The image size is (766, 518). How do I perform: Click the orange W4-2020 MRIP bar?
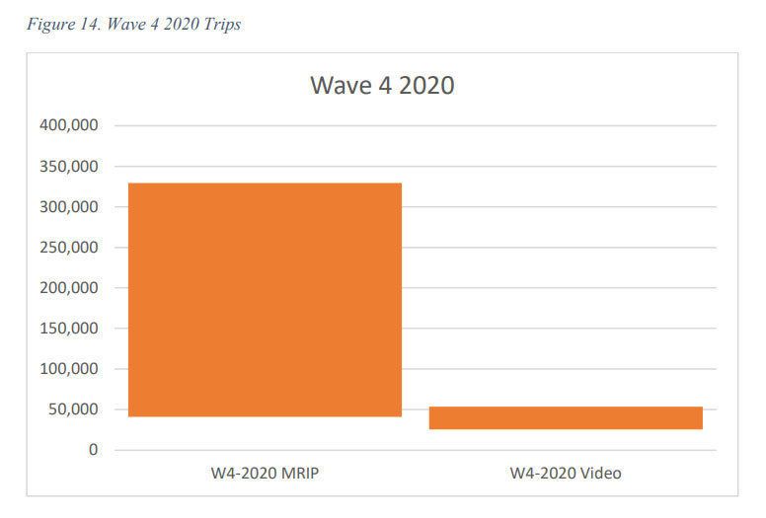coord(265,300)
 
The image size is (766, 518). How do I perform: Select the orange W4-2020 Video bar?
coord(566,417)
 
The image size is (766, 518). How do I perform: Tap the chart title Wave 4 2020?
coord(382,85)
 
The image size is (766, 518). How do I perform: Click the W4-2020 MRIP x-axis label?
coord(265,474)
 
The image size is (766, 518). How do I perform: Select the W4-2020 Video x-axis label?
coord(566,474)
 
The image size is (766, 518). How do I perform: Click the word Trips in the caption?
coord(222,25)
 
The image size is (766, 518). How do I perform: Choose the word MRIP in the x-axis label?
coord(299,474)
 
